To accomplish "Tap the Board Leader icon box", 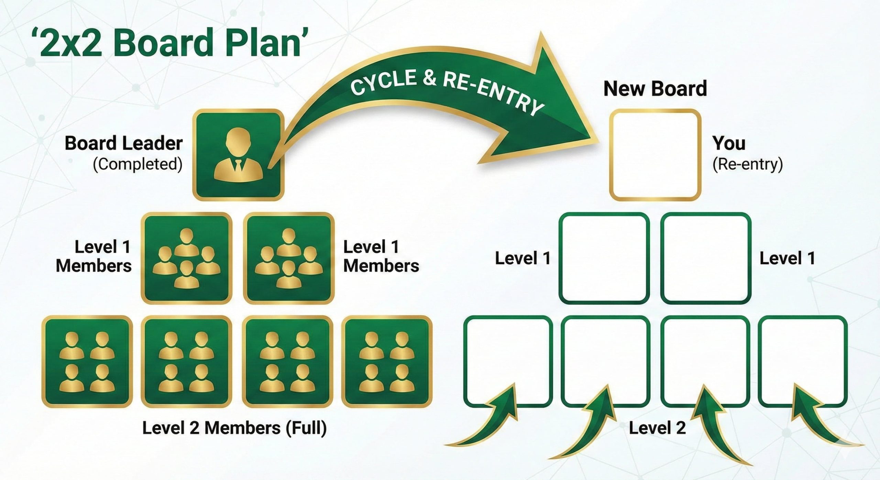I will click(x=238, y=155).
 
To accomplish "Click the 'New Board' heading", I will click(x=655, y=89).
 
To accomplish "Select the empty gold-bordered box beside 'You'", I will click(x=655, y=155).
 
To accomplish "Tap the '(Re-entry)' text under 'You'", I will click(x=747, y=164).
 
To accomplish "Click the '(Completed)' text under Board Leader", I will click(x=137, y=164).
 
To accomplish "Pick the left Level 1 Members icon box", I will click(x=186, y=258).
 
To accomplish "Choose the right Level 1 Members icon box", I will click(x=288, y=258).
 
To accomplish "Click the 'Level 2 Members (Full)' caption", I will click(x=234, y=428).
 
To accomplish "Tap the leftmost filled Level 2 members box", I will click(x=87, y=361).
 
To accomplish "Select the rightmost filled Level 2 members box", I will click(x=387, y=361).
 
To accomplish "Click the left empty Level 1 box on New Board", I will click(x=604, y=258).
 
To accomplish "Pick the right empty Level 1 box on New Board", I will click(x=706, y=258).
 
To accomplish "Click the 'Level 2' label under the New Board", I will click(x=657, y=428).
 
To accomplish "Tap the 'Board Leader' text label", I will click(x=123, y=143).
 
